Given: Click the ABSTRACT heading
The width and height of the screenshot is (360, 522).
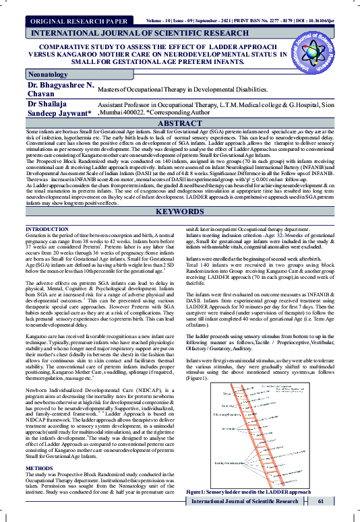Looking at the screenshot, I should (180, 124).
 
